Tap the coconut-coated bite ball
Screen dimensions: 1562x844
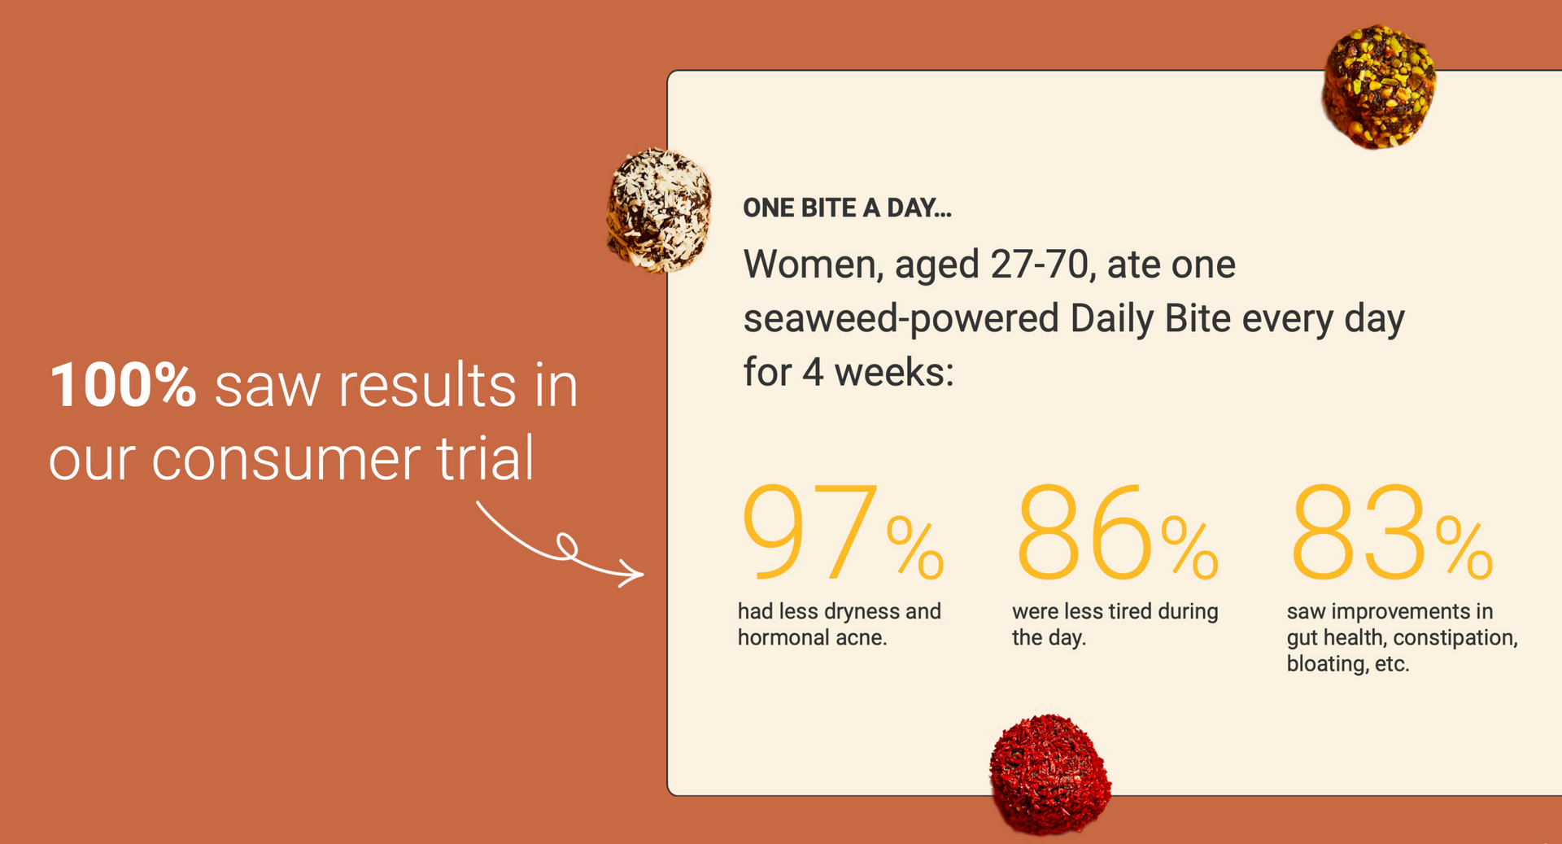point(659,210)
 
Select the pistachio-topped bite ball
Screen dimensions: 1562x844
point(1378,86)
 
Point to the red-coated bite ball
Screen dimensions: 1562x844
point(1049,775)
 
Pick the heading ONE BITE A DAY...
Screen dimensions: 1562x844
point(847,208)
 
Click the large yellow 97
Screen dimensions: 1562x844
point(810,532)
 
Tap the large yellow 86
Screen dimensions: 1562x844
point(1084,532)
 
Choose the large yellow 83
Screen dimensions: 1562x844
point(1359,532)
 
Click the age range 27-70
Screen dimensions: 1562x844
point(1039,265)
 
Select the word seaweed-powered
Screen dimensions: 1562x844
point(901,319)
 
